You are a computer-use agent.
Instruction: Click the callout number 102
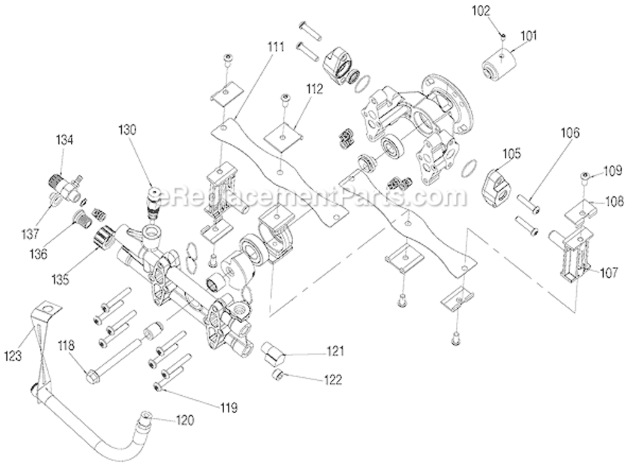coord(499,11)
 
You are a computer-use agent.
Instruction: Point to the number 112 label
coord(314,89)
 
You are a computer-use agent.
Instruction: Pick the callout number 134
coord(65,140)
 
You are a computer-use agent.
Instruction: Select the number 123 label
coord(13,356)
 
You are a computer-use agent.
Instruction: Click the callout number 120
coord(184,421)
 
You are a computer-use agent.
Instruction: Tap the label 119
coord(227,408)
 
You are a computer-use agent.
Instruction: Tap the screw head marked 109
coord(585,176)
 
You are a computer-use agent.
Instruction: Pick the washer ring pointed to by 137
coord(54,199)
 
